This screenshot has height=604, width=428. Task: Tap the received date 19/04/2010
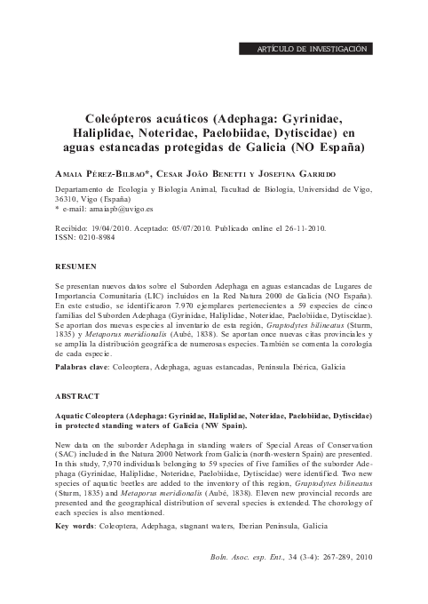(x=109, y=228)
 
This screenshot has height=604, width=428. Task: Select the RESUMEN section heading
(x=75, y=266)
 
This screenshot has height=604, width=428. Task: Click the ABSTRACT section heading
(x=77, y=395)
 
